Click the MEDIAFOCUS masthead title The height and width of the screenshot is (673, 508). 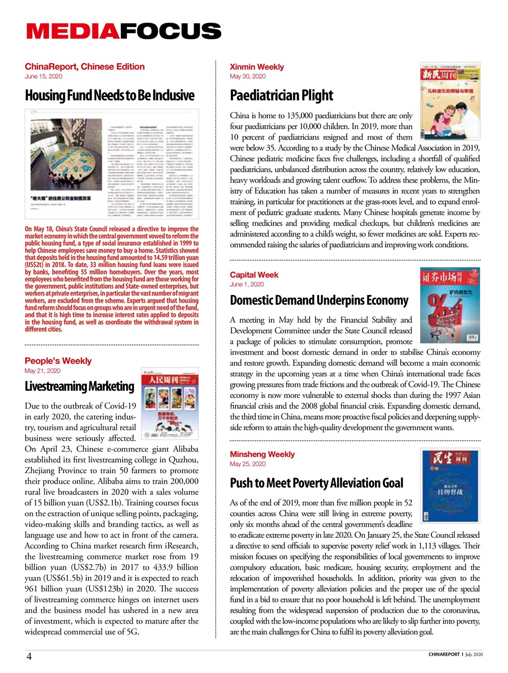[124, 32]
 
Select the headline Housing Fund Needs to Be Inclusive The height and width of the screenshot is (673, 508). [109, 96]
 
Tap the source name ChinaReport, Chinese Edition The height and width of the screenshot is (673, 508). [85, 67]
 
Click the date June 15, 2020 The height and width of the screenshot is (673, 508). [43, 76]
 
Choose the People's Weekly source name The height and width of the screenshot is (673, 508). [58, 361]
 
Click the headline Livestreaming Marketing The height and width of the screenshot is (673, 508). [79, 386]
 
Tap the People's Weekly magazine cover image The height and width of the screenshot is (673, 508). [170, 403]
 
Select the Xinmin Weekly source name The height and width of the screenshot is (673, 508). [257, 67]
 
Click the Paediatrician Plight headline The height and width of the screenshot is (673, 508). [281, 96]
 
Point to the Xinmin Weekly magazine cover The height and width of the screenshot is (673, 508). [450, 101]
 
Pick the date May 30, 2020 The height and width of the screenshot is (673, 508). [248, 76]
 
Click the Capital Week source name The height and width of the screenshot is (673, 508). [254, 275]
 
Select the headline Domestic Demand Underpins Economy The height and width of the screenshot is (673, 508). [319, 301]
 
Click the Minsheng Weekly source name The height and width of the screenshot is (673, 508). [262, 454]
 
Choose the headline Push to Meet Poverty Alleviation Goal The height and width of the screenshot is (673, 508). [316, 483]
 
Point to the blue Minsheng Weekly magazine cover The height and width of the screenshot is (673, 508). [450, 485]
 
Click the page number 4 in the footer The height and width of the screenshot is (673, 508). [29, 656]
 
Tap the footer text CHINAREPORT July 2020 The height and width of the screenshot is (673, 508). [455, 655]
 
